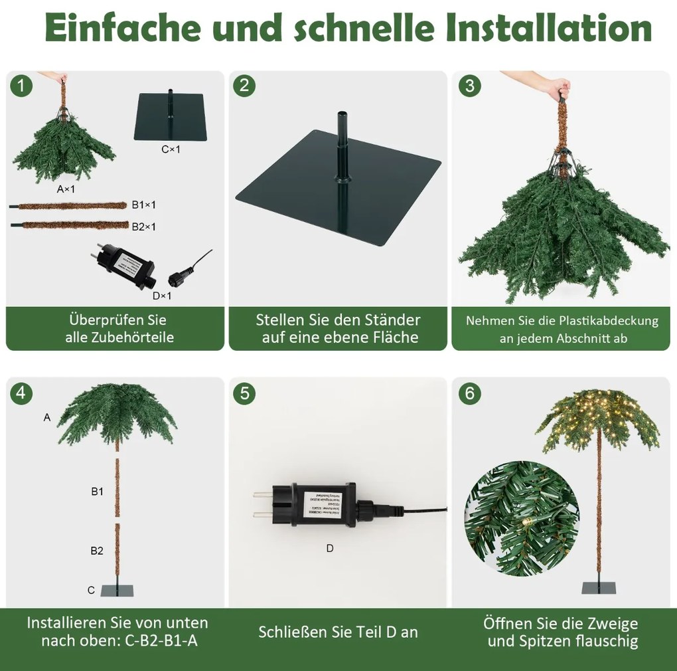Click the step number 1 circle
tap(22, 86)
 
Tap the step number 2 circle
tap(245, 86)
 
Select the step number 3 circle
tap(470, 86)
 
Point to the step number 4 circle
tap(22, 393)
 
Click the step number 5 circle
tap(245, 393)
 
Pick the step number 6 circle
tap(470, 393)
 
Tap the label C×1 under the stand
tap(171, 149)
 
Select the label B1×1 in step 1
tap(144, 205)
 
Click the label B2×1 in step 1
tap(144, 227)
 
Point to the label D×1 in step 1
tap(162, 296)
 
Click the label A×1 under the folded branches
tap(66, 189)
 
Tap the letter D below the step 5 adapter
tap(330, 548)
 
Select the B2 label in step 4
tap(97, 551)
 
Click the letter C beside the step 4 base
tap(91, 590)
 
